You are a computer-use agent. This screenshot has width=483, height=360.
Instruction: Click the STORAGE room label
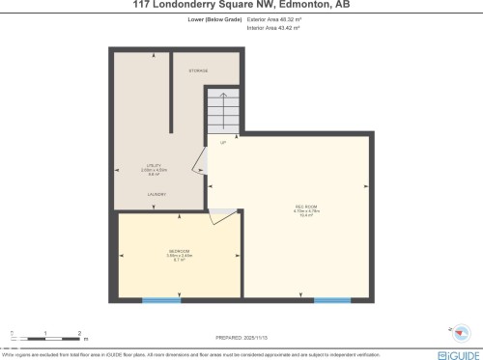(197, 70)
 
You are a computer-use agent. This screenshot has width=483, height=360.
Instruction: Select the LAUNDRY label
(156, 194)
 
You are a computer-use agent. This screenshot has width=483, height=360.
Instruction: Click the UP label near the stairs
(223, 144)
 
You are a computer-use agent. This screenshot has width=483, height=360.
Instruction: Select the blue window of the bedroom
(161, 300)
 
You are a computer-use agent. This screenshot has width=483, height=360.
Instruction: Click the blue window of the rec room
(332, 300)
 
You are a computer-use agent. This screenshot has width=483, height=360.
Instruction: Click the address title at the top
(241, 5)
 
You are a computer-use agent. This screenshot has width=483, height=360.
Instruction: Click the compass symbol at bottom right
(462, 331)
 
